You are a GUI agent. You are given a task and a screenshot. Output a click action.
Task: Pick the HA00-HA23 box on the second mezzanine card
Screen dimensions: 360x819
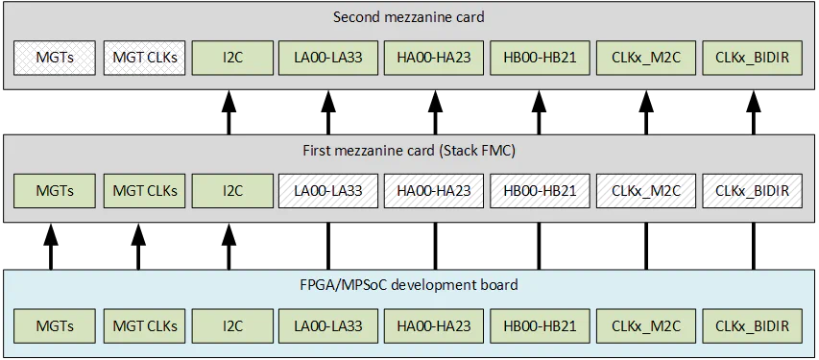434,57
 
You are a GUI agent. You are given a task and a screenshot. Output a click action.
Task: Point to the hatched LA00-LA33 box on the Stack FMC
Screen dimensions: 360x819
327,190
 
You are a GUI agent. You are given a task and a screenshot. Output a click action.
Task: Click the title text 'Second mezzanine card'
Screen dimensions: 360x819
409,17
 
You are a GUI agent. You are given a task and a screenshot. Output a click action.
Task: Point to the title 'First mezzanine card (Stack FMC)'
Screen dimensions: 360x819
409,151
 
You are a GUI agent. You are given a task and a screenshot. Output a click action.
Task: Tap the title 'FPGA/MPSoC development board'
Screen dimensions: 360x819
409,285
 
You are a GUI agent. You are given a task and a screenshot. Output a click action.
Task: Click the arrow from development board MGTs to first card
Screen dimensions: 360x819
50,247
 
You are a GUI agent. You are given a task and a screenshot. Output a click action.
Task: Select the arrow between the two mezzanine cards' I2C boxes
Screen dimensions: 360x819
229,112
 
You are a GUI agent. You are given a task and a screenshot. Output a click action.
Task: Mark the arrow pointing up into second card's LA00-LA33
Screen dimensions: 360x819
327,112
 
